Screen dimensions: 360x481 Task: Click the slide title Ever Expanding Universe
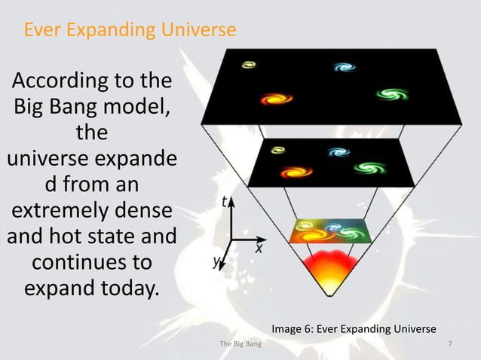(130, 30)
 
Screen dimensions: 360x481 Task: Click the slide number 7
(450, 344)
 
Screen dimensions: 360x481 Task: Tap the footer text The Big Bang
(235, 344)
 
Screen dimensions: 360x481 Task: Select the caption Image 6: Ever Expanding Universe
(354, 329)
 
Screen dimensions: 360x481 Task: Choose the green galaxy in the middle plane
(364, 167)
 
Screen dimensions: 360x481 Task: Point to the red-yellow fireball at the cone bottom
(327, 271)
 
